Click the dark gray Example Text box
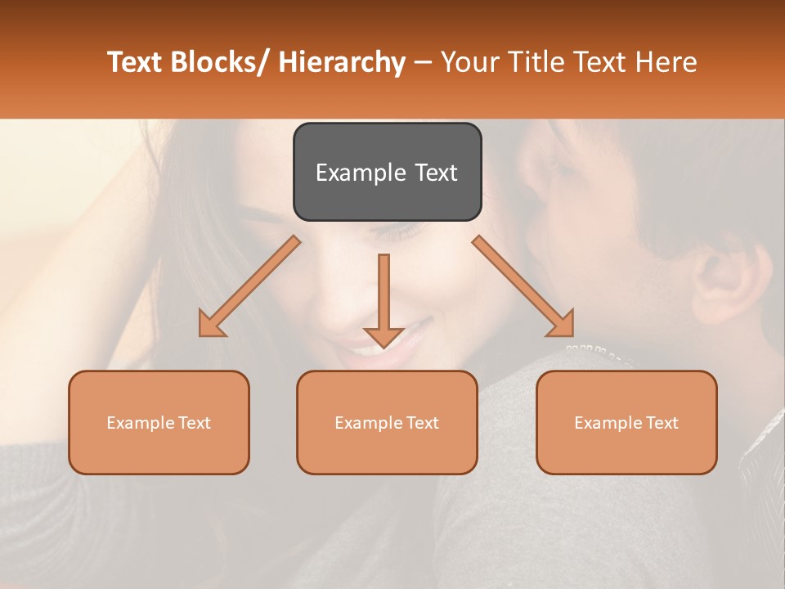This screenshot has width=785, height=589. [x=387, y=172]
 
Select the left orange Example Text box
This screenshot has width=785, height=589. [x=159, y=422]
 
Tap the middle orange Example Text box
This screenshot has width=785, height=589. [x=387, y=422]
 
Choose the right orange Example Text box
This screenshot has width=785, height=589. [x=626, y=422]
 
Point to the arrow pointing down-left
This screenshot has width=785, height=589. [x=249, y=286]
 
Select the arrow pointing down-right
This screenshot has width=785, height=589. [x=523, y=286]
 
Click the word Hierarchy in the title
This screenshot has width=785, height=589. [x=342, y=62]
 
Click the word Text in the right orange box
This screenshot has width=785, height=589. [x=662, y=423]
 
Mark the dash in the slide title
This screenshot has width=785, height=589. [x=423, y=62]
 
